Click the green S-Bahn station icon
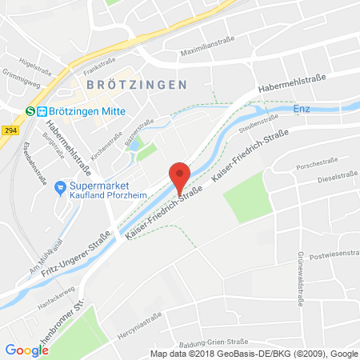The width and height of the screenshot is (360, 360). [30, 112]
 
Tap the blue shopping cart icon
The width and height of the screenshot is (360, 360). [58, 186]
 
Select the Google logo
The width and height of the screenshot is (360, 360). [26, 350]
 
